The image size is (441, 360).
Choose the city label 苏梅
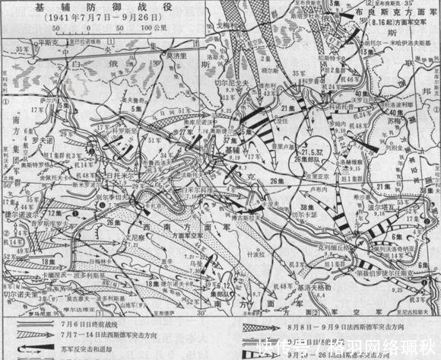(395, 121)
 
